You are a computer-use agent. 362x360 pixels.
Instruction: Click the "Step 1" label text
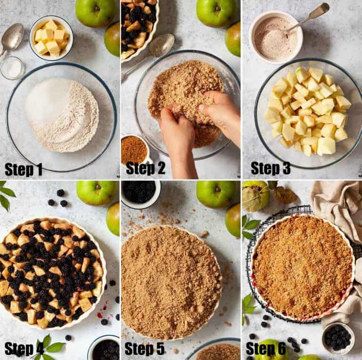(x=24, y=168)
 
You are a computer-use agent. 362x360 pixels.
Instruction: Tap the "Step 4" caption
(x=24, y=349)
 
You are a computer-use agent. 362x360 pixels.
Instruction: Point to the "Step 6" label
(x=265, y=349)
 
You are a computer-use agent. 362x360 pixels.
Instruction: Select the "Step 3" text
(x=270, y=168)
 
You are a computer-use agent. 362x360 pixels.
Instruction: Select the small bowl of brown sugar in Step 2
(x=135, y=149)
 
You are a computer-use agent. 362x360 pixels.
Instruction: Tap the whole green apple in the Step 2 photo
(x=216, y=13)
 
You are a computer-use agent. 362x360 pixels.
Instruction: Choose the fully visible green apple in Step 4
(x=97, y=192)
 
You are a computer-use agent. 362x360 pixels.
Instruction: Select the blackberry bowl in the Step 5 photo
(x=140, y=192)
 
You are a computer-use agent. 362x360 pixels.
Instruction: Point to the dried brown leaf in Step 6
(x=285, y=194)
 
